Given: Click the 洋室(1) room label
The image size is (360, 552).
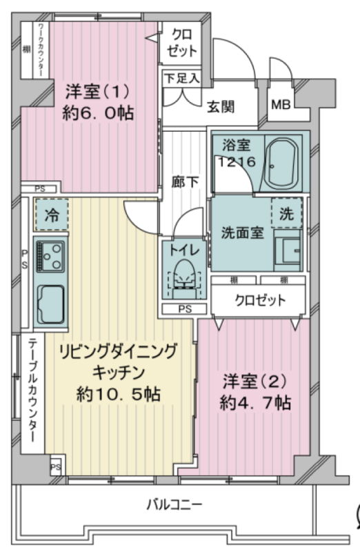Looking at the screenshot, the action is [x=98, y=92].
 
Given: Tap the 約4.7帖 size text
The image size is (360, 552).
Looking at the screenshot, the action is [x=255, y=402].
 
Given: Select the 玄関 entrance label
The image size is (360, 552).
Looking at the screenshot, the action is [x=220, y=106].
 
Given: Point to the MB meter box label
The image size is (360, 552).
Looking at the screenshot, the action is [x=281, y=105].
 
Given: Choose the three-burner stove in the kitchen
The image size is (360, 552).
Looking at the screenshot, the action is [x=50, y=256].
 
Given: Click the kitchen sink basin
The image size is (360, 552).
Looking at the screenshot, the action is [x=51, y=304].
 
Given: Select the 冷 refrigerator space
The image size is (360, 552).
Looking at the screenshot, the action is [x=51, y=215].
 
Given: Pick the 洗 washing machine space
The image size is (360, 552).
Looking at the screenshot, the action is [x=287, y=213].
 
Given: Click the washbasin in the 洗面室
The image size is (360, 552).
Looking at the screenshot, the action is [x=288, y=250].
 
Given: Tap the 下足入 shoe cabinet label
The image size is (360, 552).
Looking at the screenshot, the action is [x=182, y=78].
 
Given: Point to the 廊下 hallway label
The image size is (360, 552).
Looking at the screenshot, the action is [x=185, y=182].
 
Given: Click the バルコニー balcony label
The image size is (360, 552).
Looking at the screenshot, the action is [x=174, y=505].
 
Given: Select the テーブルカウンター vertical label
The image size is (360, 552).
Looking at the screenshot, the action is [x=32, y=390].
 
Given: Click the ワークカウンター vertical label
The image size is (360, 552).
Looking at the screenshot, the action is [x=41, y=50].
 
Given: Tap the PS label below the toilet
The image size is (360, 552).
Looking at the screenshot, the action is [x=185, y=309].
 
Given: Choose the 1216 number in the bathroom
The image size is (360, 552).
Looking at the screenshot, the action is [x=237, y=161].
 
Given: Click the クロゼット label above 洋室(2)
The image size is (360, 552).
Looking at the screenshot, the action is [x=261, y=300].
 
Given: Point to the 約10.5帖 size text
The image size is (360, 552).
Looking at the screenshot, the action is [x=119, y=394].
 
